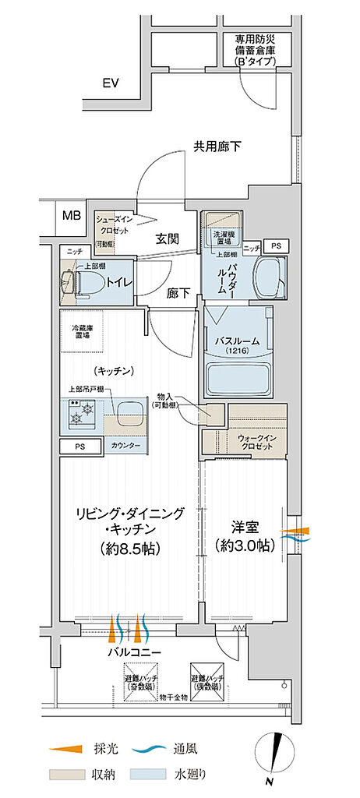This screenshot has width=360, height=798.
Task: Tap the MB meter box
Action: pos(71,214)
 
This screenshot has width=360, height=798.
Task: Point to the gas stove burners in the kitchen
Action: pos(82,412)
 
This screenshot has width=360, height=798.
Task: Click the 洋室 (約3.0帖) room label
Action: pos(245,536)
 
